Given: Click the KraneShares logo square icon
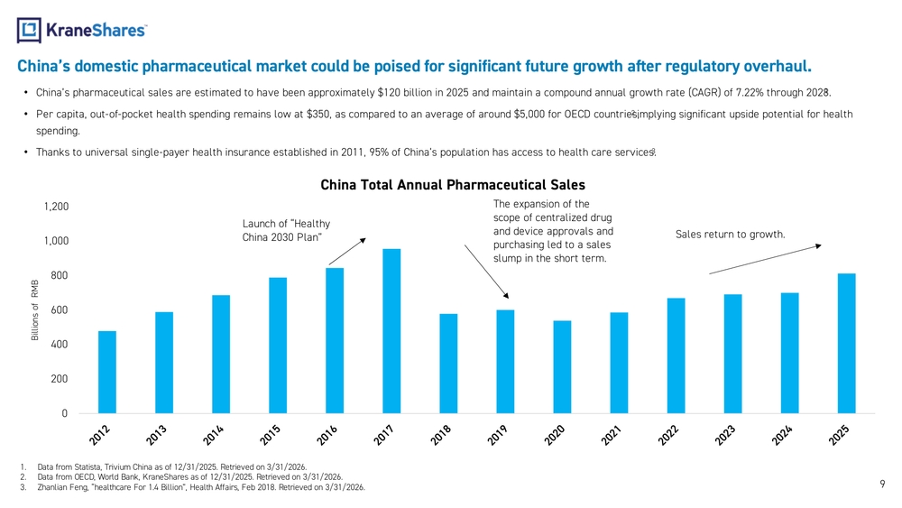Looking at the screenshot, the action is point(29,30).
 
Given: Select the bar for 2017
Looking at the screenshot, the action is point(391,331).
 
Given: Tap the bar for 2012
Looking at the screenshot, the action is point(107,373).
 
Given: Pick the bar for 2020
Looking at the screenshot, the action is point(562,367).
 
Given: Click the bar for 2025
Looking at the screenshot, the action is point(846,344).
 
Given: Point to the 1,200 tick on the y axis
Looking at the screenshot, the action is point(56,207).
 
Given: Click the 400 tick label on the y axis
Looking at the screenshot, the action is point(59,344).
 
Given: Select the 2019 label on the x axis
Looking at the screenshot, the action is point(498,435).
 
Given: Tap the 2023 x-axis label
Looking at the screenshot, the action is point(725,435).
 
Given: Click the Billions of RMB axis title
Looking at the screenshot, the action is point(35,310).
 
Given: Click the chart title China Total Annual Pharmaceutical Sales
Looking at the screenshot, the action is point(453,185).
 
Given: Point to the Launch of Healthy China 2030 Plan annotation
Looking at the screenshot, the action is point(286,230).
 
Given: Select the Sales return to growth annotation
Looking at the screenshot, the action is point(730,235).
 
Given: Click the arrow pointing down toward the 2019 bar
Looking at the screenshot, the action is point(487,272).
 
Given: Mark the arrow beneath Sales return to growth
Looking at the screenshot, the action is point(765,259).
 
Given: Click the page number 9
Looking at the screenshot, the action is point(882,484).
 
